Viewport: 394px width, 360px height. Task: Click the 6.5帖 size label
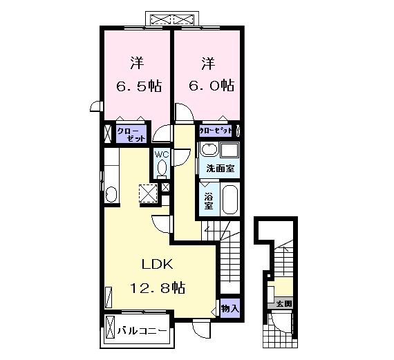(x=138, y=87)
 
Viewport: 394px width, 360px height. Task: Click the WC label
(x=162, y=154)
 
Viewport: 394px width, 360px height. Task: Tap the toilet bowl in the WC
(x=162, y=168)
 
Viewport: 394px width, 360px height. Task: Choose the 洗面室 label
(x=219, y=169)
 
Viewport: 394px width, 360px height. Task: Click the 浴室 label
(x=208, y=200)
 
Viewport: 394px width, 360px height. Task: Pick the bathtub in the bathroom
(x=229, y=200)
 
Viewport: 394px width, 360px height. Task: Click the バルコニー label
(x=141, y=332)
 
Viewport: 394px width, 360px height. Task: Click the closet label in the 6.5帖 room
(x=132, y=133)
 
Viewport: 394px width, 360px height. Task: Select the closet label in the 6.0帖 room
(x=216, y=130)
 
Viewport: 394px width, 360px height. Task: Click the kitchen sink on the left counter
(x=111, y=193)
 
